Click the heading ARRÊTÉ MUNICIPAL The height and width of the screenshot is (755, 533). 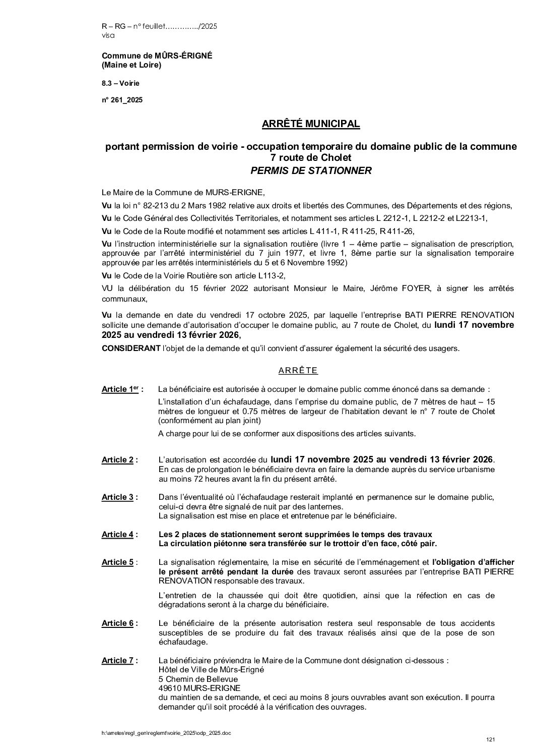coord(311,124)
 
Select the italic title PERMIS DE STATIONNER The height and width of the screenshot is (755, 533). coord(311,170)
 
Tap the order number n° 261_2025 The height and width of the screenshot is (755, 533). coord(122,100)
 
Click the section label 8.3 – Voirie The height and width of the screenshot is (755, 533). coord(120,83)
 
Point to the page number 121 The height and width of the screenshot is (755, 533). coord(491,739)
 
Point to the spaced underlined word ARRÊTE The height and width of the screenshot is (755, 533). coord(298,371)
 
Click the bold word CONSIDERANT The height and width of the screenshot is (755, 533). coord(130,348)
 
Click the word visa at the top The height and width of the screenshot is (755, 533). coord(108,36)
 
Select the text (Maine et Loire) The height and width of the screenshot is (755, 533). coord(131,65)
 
